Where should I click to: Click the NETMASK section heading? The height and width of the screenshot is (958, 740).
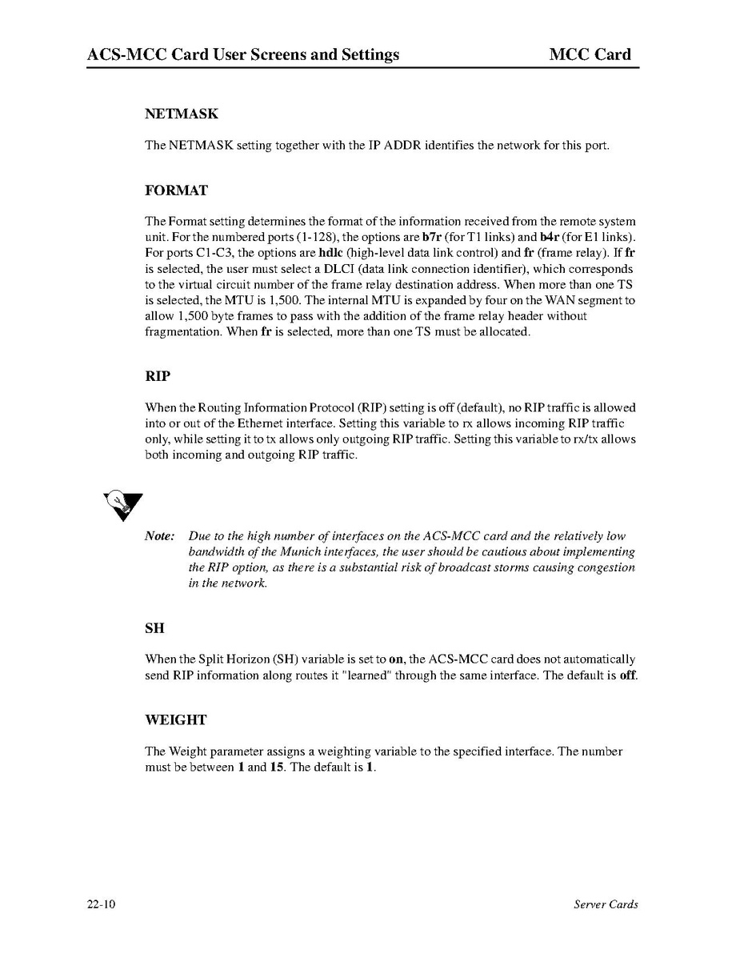181,114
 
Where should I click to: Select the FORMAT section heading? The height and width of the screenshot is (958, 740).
176,190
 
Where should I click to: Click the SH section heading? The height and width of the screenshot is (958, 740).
154,628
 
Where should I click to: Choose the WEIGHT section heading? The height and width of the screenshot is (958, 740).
175,720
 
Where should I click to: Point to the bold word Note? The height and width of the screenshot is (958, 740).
159,536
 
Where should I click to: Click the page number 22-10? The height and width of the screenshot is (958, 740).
102,905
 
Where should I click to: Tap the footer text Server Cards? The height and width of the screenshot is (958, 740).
606,905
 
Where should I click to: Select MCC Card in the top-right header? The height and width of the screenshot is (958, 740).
590,55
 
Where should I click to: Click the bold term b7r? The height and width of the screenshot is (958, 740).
432,237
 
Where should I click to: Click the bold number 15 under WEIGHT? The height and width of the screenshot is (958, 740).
277,767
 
